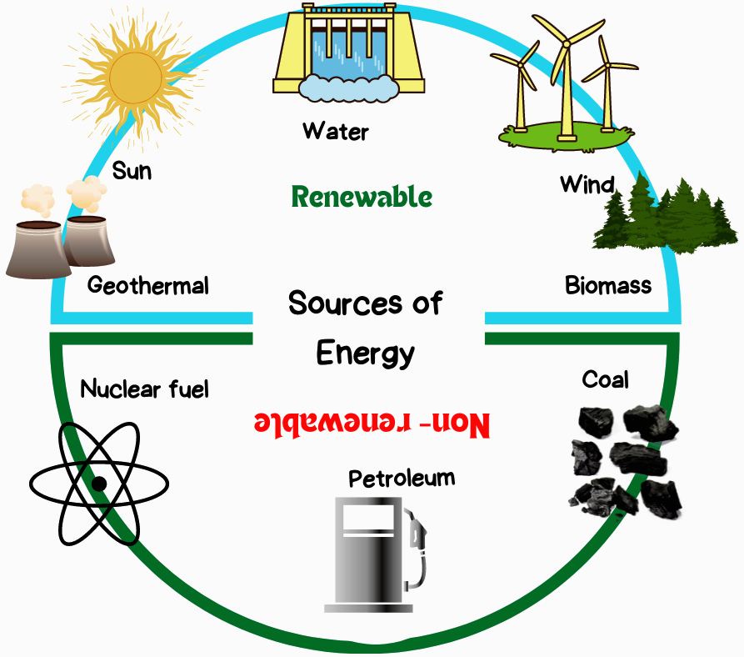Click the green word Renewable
362,197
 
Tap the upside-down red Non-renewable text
372,423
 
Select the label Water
336,131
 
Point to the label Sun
132,171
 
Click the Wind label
587,184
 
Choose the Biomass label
608,285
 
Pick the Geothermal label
148,285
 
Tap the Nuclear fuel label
144,389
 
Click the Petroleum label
402,478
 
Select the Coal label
606,379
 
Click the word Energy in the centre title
366,354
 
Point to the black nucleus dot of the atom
99,484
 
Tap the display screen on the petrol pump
369,517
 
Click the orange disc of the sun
135,78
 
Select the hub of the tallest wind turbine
566,44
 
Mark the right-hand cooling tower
88,241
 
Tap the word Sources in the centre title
346,303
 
